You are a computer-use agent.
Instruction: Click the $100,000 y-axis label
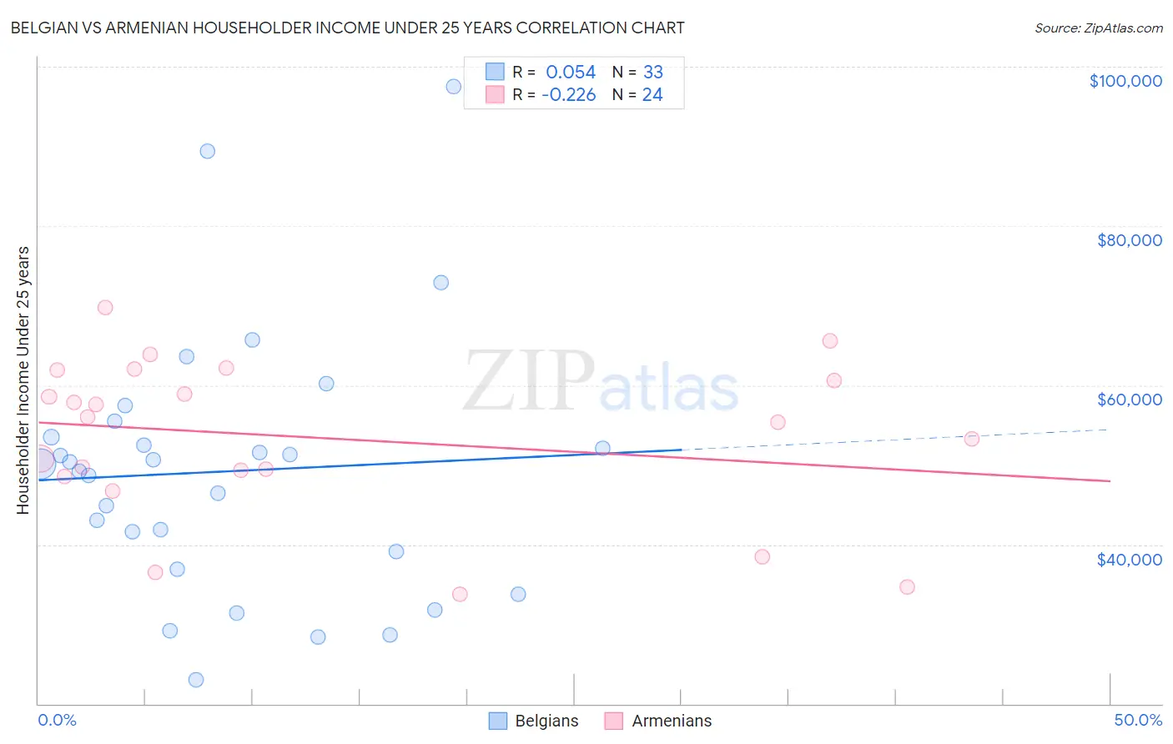[x=1125, y=81]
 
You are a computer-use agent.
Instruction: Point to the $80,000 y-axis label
[x=1129, y=240]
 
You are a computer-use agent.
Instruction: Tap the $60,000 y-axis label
[x=1129, y=400]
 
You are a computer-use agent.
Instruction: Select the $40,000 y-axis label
[x=1129, y=559]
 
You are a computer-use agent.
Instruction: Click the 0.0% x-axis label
[x=57, y=720]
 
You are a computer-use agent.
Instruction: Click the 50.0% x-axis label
[x=1138, y=720]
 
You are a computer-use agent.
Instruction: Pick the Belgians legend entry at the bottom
[x=534, y=721]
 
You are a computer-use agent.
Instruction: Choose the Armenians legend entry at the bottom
[x=659, y=721]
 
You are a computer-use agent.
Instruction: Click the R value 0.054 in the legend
[x=571, y=73]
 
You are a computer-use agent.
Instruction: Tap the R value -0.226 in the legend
[x=568, y=95]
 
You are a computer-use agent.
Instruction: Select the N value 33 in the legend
[x=652, y=73]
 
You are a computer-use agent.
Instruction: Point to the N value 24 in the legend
[x=652, y=95]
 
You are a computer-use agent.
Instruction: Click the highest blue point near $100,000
[x=453, y=87]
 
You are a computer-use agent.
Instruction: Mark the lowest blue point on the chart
[x=196, y=680]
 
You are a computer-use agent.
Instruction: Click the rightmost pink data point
[x=971, y=439]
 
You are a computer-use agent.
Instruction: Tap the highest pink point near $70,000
[x=105, y=308]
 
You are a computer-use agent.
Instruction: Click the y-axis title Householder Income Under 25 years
[x=23, y=380]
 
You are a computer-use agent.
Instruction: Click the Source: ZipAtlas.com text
[x=1098, y=28]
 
